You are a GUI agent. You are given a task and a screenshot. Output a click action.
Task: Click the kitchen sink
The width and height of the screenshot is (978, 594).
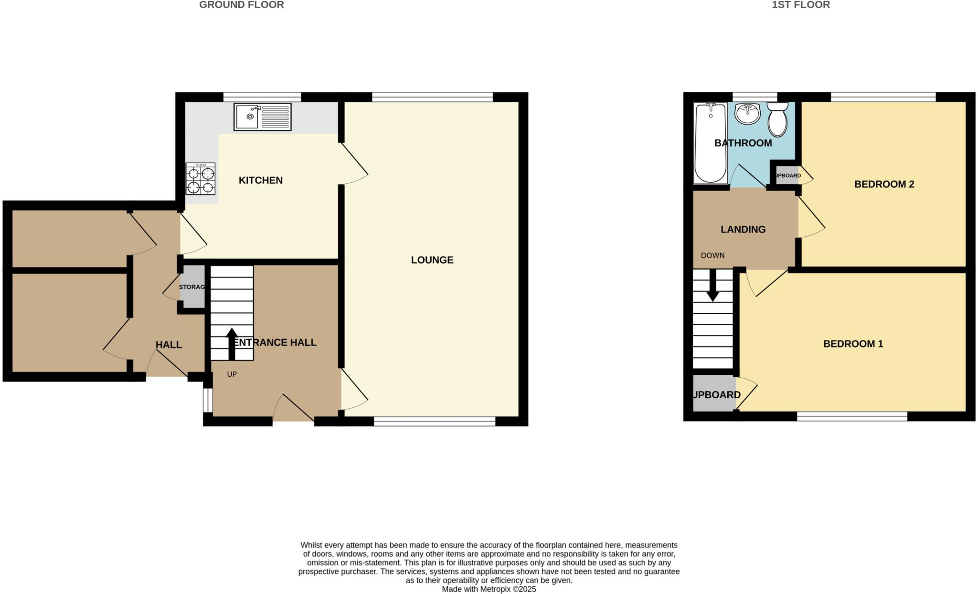coord(262,117)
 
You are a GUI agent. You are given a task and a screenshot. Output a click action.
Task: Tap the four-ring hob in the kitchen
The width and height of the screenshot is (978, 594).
coord(201,179)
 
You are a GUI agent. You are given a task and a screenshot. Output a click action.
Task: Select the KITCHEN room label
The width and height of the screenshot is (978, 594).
coord(260,180)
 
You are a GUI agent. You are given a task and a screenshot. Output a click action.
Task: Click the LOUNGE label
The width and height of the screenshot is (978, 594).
coord(432,260)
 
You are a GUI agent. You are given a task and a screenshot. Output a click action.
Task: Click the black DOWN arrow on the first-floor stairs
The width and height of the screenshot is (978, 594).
coord(712,286)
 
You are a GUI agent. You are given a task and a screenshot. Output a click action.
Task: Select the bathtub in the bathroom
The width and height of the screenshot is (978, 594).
coord(711,143)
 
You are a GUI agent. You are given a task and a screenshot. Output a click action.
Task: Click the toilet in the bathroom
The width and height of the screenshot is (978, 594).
coord(777,119)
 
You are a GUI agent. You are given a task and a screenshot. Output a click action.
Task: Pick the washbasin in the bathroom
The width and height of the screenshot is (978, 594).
coord(747,114)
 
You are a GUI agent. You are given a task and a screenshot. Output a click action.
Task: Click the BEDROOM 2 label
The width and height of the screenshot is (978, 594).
coord(884,184)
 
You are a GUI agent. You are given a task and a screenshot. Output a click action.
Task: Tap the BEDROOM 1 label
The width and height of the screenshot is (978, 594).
coord(853,344)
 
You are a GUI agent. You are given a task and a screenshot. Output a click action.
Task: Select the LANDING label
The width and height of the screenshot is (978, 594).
coord(743,229)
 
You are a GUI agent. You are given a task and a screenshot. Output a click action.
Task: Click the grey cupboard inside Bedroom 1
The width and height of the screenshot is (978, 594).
coord(714,394)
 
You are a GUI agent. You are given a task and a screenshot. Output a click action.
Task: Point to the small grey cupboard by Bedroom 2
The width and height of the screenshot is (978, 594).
coord(787,176)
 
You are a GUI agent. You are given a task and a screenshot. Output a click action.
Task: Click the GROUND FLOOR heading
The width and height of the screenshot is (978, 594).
coord(241,5)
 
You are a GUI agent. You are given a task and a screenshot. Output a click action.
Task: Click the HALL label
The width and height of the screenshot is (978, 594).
coord(169,345)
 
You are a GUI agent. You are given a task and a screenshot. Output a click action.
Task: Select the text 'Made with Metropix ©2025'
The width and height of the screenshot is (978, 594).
coord(489,589)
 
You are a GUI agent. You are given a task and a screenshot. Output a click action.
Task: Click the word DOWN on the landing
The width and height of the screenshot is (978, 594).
coord(712,255)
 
